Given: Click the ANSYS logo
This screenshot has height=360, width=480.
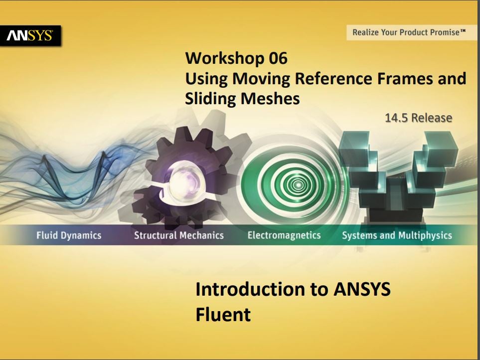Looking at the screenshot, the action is coord(30,35).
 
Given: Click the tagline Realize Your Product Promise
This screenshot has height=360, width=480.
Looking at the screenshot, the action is coord(409,32).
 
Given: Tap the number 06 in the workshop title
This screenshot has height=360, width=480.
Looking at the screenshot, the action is coord(278,58).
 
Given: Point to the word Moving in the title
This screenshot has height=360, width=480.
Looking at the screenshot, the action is coord(261,78).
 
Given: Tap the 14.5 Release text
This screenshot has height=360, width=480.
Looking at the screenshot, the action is coord(419,118).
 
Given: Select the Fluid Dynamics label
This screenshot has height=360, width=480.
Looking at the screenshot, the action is coord(69,235).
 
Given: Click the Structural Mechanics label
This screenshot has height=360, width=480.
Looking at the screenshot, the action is coord(179,235).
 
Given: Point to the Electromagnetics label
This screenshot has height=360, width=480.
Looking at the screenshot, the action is coord(284,235).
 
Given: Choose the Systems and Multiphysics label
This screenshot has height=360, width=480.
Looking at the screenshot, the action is coord(397,235).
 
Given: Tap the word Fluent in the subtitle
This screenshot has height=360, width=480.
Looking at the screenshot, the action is coord(223,315).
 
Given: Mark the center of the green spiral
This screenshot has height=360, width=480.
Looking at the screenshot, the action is coord(297,185).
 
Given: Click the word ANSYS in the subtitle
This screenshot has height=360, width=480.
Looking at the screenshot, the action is coord(362,289).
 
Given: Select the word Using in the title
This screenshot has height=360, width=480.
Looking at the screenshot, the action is coord(206,79).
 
